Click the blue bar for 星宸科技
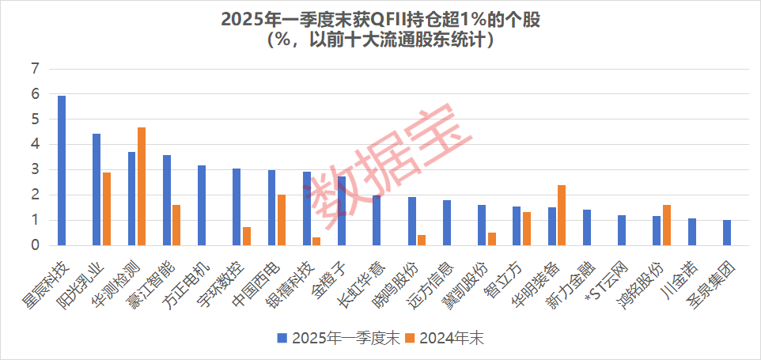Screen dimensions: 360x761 [62, 170]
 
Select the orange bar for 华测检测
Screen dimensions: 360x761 [142, 186]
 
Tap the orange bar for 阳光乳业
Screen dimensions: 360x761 [107, 209]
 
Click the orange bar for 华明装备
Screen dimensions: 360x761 [562, 215]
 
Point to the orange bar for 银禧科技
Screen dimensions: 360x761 [316, 241]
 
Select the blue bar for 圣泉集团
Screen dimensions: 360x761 [727, 233]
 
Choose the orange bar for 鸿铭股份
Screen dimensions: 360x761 [666, 225]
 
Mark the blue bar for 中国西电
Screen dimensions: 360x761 [271, 207]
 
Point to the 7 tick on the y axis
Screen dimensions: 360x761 [34, 69]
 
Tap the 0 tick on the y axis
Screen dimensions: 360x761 [34, 245]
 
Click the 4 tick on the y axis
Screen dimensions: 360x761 [34, 145]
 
